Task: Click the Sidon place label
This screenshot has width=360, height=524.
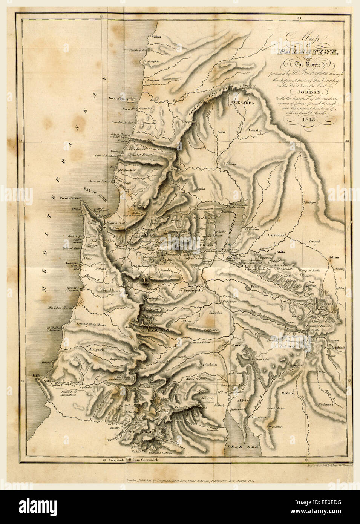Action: pos(156,37)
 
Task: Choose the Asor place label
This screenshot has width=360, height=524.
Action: pos(222,132)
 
